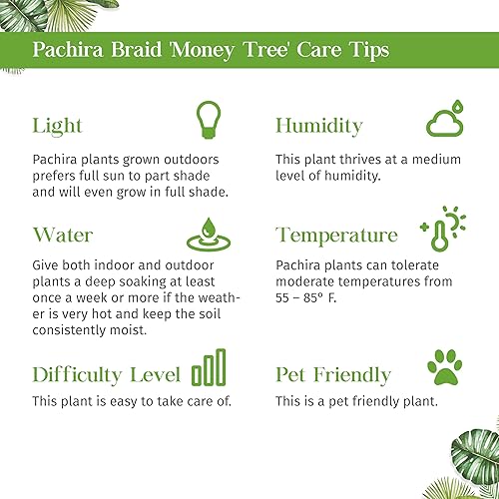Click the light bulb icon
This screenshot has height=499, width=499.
(206, 119)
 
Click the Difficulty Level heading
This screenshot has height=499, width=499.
(107, 375)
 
